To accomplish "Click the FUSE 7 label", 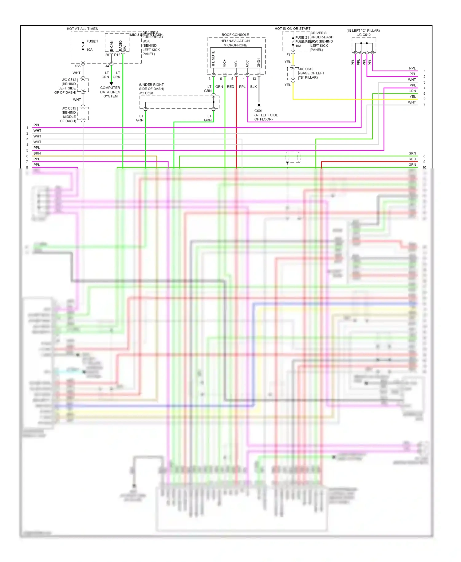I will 92,41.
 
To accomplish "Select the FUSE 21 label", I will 302,38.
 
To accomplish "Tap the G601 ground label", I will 258,111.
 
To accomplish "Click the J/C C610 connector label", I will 306,69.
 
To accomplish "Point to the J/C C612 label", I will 364,35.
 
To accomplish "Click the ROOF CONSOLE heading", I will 235,35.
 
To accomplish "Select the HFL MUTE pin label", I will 213,59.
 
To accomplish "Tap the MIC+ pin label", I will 225,63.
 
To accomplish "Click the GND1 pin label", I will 259,63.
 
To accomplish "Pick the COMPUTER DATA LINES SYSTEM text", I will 110,92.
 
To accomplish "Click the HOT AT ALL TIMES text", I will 82,29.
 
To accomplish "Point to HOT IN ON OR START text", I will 292,29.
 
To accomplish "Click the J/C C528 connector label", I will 146,93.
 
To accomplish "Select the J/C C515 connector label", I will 69,109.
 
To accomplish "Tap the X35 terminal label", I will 77,66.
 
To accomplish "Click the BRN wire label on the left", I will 37,153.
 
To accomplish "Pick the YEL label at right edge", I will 412,97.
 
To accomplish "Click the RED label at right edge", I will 412,159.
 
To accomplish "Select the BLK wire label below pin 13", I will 253,87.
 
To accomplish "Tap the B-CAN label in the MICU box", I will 112,46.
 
